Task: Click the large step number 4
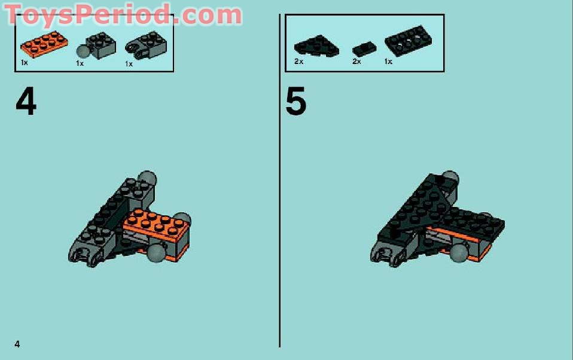pyautogui.click(x=26, y=102)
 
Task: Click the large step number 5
pyautogui.click(x=295, y=102)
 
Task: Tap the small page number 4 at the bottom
pyautogui.click(x=18, y=343)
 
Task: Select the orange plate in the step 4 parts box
pyautogui.click(x=43, y=45)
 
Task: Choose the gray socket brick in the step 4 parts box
pyautogui.click(x=141, y=45)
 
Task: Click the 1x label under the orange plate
pyautogui.click(x=25, y=62)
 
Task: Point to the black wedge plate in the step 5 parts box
pyautogui.click(x=316, y=45)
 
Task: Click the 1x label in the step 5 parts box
pyautogui.click(x=388, y=62)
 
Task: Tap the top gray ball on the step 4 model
pyautogui.click(x=147, y=179)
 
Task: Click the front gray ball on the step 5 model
pyautogui.click(x=459, y=253)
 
